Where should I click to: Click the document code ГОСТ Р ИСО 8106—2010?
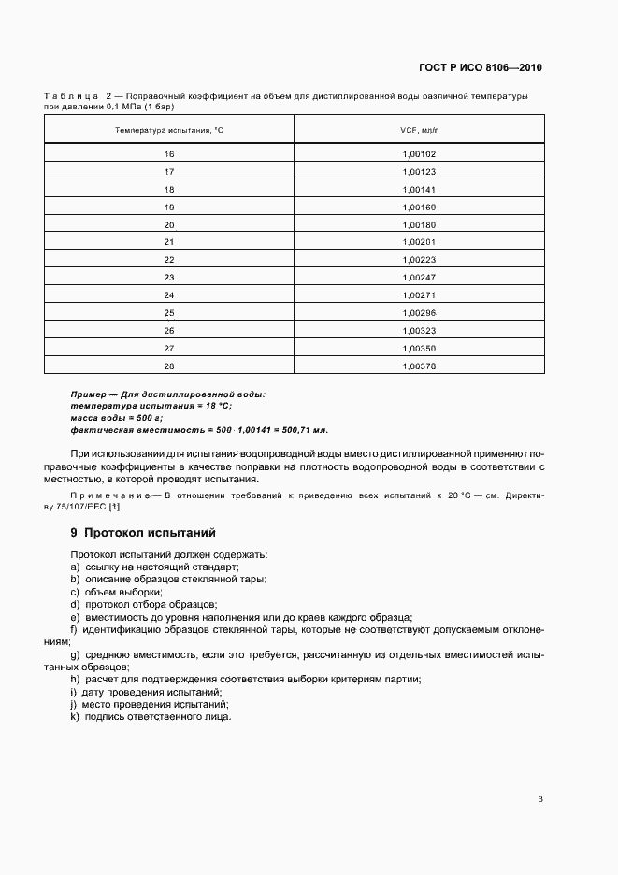(480, 67)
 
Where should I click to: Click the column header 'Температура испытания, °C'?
(169, 130)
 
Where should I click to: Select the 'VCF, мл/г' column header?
(419, 130)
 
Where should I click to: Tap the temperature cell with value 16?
(169, 153)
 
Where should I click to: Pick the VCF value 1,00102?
(419, 153)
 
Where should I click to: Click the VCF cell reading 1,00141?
(419, 189)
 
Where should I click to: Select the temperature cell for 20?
(169, 224)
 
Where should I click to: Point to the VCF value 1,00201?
(419, 242)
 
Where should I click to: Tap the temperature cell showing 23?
(169, 278)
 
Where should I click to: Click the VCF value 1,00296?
(419, 313)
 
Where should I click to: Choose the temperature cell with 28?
(169, 366)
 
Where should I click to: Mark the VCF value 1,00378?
(419, 366)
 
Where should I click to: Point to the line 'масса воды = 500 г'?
(116, 417)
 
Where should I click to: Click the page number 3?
(539, 798)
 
